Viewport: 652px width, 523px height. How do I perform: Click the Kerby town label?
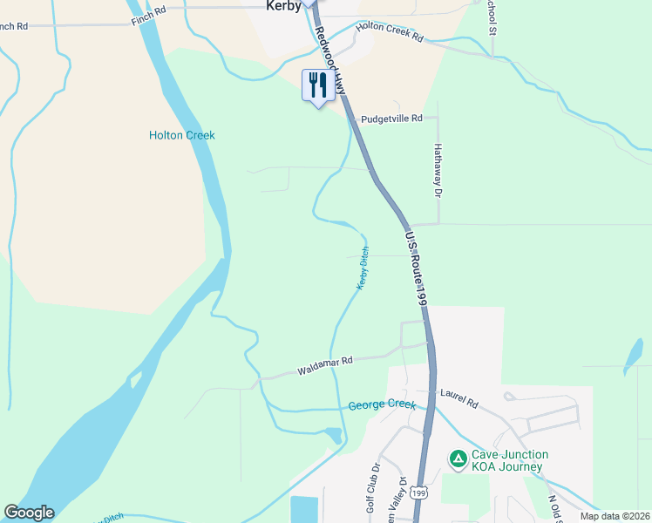pyautogui.click(x=283, y=6)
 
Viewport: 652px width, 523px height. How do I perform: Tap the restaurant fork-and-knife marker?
pyautogui.click(x=317, y=85)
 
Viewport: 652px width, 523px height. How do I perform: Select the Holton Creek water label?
pyautogui.click(x=181, y=135)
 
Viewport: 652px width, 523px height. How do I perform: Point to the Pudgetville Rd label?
pyautogui.click(x=391, y=118)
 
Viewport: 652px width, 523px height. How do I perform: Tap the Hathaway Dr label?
pyautogui.click(x=438, y=169)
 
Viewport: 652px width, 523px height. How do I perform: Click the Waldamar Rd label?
pyautogui.click(x=324, y=365)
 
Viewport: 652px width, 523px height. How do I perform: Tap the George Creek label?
pyautogui.click(x=381, y=405)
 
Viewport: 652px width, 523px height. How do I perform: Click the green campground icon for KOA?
pyautogui.click(x=457, y=458)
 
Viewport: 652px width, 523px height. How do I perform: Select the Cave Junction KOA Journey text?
pyautogui.click(x=510, y=460)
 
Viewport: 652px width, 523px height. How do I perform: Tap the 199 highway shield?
pyautogui.click(x=419, y=493)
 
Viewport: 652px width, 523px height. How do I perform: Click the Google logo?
pyautogui.click(x=29, y=513)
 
